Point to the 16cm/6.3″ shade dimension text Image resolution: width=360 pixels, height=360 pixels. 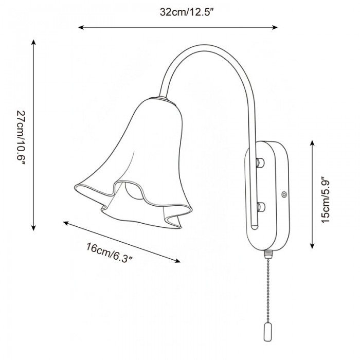point(110,252)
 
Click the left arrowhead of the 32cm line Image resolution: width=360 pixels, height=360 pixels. point(80,27)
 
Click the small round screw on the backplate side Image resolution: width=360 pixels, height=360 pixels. point(283,195)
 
